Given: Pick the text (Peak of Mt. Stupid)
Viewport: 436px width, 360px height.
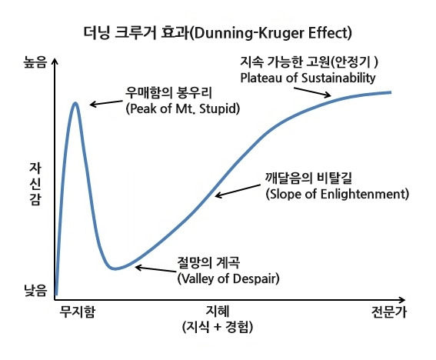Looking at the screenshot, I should pyautogui.click(x=181, y=109).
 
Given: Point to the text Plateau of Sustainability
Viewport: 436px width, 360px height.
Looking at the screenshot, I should pyautogui.click(x=307, y=78).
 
